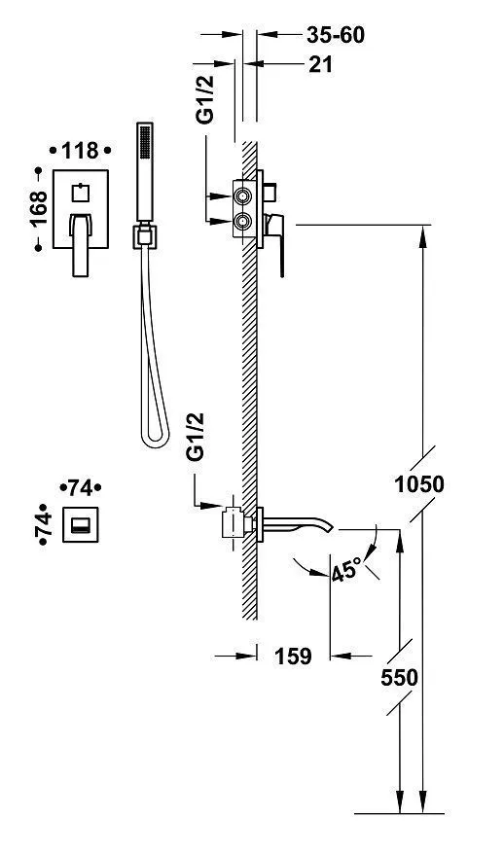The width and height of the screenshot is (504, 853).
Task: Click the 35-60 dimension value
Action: [x=336, y=35]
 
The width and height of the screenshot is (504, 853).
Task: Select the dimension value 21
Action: [x=320, y=65]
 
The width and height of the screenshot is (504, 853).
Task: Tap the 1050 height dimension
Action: [x=419, y=483]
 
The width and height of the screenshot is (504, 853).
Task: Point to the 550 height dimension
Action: [x=399, y=678]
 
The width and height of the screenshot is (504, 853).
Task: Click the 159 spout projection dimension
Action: [x=293, y=657]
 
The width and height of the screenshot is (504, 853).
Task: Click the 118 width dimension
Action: [x=80, y=151]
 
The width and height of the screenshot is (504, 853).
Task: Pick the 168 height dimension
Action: [x=39, y=209]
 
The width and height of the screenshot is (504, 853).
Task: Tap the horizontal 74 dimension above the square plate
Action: [x=80, y=488]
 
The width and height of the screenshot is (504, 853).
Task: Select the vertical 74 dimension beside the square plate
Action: [x=43, y=524]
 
